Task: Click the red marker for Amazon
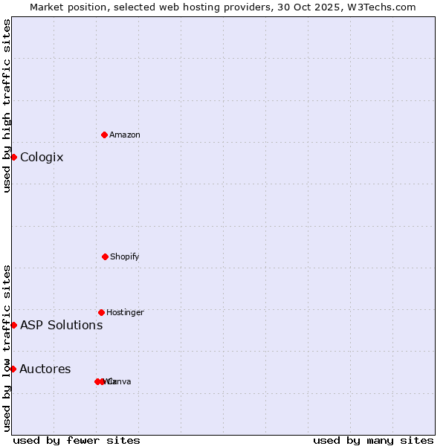pos(104,135)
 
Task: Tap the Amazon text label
pos(125,135)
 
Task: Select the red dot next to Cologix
pos(13,157)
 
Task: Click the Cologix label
pos(42,158)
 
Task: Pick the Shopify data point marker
pos(105,256)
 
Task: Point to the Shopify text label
pos(125,256)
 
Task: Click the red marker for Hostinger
pos(101,312)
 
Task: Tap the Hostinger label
pos(125,312)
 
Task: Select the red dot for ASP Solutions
pos(13,325)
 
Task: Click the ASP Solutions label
pos(61,325)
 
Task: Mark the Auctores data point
pos(13,369)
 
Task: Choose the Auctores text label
pos(45,369)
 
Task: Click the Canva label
pos(120,382)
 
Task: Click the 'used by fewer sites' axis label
pos(77,440)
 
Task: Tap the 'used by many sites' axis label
pos(373,440)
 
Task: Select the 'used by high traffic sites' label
pos(7,106)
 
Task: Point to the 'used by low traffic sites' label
pos(7,348)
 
